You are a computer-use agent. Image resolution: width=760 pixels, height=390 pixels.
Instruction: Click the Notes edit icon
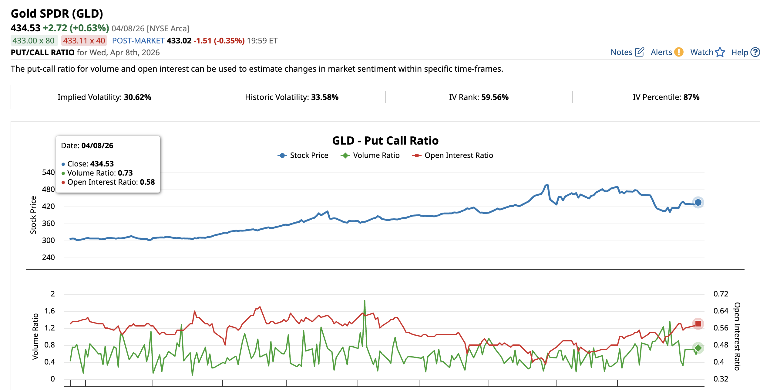click(639, 52)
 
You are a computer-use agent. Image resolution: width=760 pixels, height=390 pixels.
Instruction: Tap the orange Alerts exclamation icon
click(679, 52)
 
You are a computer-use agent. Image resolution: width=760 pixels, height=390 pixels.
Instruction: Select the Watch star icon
click(720, 52)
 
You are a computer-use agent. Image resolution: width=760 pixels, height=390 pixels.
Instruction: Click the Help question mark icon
click(755, 52)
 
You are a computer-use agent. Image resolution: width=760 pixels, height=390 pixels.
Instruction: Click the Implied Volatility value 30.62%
click(137, 97)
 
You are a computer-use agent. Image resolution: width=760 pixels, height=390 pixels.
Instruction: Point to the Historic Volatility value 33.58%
click(325, 97)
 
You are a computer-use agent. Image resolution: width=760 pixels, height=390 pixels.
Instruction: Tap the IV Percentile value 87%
click(691, 97)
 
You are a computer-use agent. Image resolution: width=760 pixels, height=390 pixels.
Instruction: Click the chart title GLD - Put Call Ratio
click(385, 141)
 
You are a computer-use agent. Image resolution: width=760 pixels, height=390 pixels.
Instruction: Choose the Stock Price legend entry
click(303, 156)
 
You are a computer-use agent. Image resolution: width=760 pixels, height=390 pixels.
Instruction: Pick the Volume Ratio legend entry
click(370, 156)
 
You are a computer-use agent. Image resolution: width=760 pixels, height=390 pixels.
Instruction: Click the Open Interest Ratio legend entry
click(453, 156)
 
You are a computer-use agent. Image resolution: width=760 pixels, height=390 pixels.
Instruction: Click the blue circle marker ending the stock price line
click(698, 202)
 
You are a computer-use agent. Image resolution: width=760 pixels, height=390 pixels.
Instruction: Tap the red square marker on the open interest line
click(698, 324)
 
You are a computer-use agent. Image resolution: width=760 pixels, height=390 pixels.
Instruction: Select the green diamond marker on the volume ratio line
click(698, 348)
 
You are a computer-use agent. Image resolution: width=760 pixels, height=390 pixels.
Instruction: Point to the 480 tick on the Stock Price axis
click(49, 190)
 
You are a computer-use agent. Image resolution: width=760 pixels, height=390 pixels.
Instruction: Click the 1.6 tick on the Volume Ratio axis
click(50, 311)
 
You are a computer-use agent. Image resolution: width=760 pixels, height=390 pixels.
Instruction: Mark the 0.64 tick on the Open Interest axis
click(721, 311)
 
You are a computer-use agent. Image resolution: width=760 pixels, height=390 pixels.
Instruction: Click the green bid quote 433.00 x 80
click(34, 41)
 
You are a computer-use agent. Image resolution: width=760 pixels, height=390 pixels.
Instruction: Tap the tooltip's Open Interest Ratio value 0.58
click(147, 182)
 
